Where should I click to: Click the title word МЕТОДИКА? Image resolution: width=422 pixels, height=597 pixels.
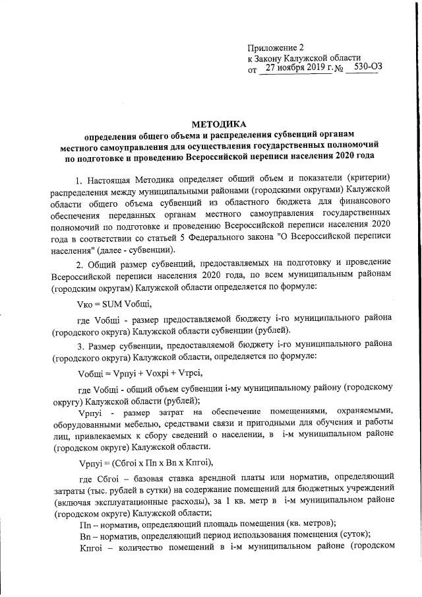pyautogui.click(x=212, y=123)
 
